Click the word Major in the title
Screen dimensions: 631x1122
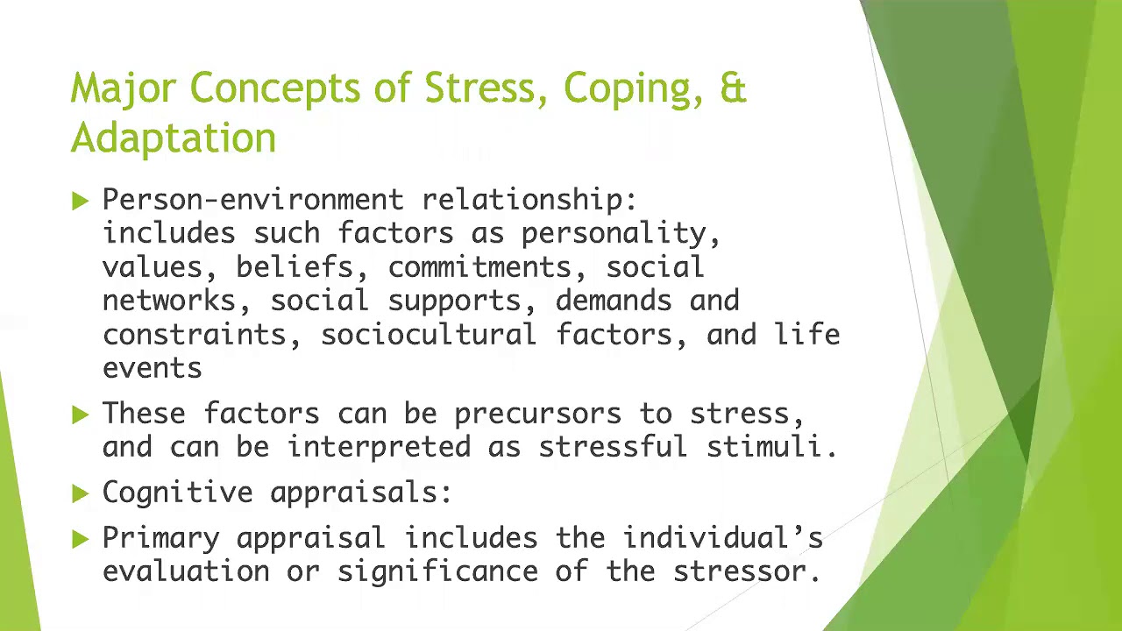123,89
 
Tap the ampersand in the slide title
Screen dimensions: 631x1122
733,89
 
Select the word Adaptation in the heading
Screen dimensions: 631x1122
174,138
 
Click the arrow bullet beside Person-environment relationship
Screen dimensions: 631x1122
81,202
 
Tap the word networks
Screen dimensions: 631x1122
169,301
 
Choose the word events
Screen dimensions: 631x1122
152,368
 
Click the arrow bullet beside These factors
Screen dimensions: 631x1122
81,415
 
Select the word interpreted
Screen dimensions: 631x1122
379,447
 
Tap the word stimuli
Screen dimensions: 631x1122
771,447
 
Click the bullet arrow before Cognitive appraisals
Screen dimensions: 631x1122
81,493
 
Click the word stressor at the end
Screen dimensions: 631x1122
746,572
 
